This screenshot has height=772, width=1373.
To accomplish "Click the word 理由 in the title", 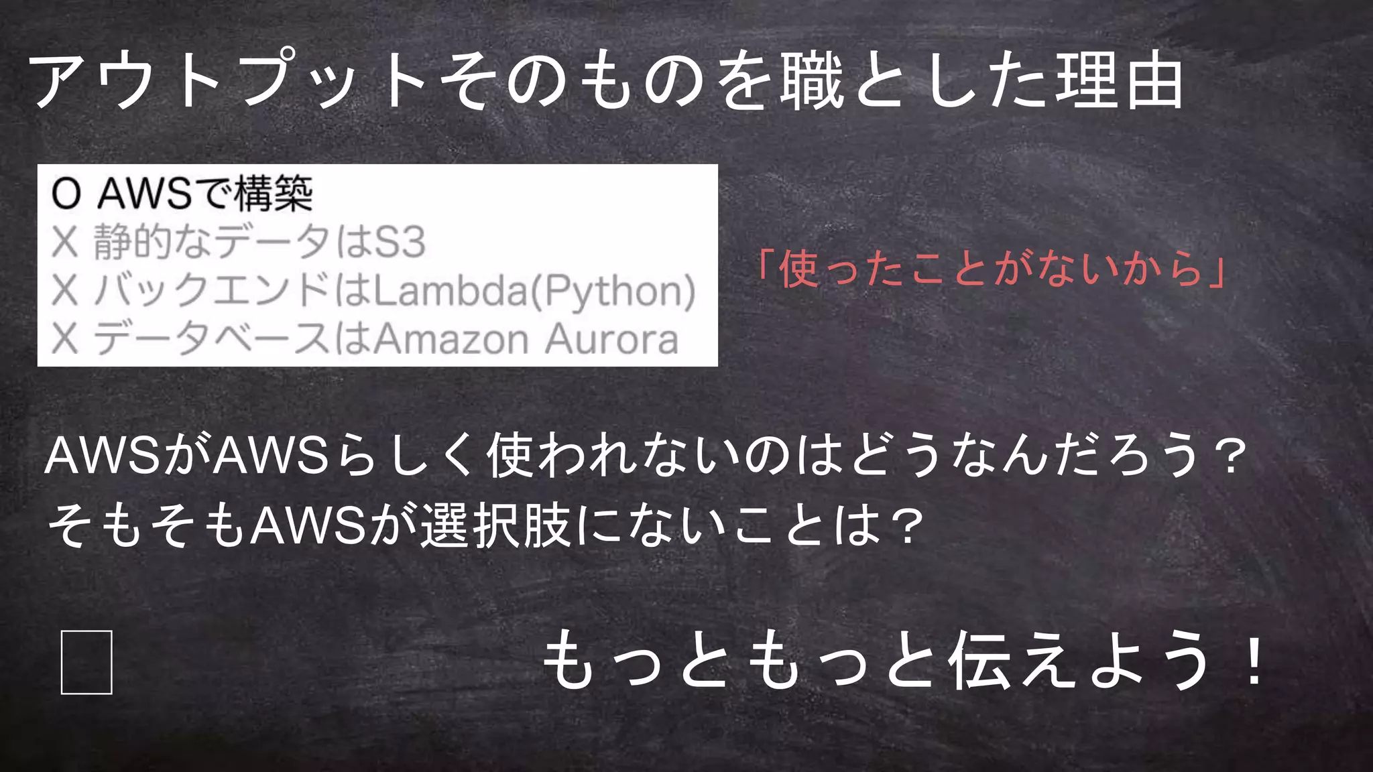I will [1120, 82].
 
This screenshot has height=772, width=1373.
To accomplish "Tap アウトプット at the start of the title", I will [228, 82].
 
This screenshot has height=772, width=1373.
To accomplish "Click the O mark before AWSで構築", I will [66, 194].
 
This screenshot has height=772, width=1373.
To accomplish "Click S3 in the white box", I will [400, 242].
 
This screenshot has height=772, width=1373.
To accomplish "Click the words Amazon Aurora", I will [526, 339].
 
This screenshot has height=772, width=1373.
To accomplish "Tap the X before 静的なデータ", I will [65, 242].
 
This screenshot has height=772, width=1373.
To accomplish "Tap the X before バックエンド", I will [65, 291].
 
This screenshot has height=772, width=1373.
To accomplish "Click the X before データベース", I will [65, 339].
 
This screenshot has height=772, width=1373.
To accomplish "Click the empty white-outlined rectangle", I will [86, 662].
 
